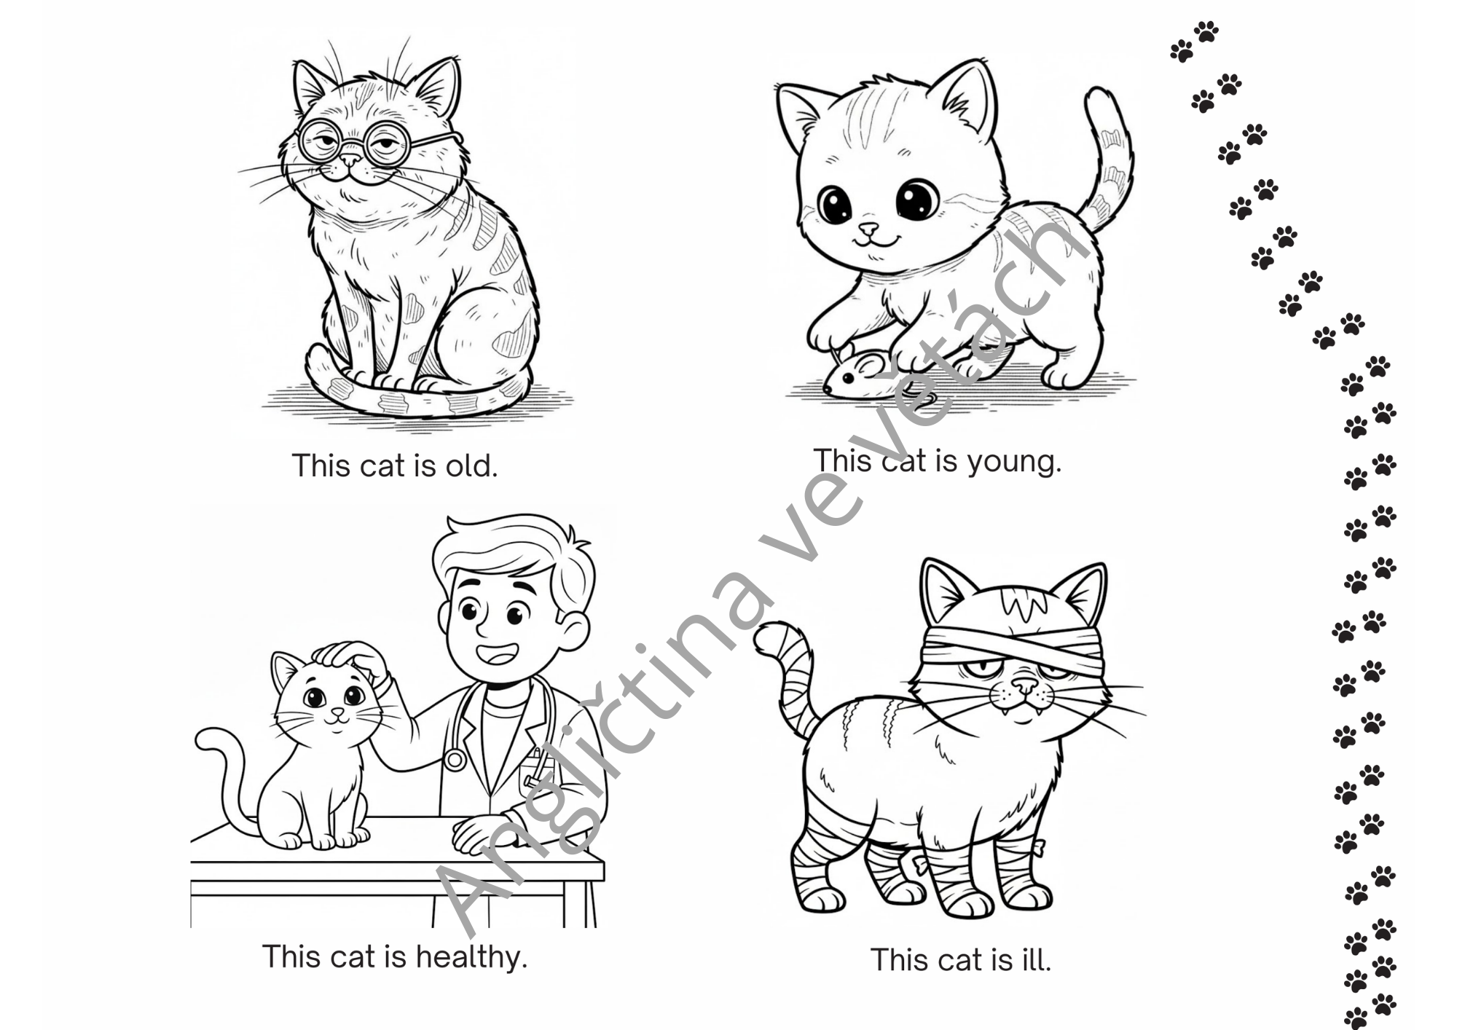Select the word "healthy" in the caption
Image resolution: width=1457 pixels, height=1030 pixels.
(x=471, y=957)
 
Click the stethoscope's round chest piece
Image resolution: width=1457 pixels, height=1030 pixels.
(x=455, y=760)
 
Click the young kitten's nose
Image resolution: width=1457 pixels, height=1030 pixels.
(x=868, y=229)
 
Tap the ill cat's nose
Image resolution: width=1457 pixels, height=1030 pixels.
(x=1024, y=684)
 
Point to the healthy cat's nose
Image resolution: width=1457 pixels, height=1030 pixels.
(x=337, y=711)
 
